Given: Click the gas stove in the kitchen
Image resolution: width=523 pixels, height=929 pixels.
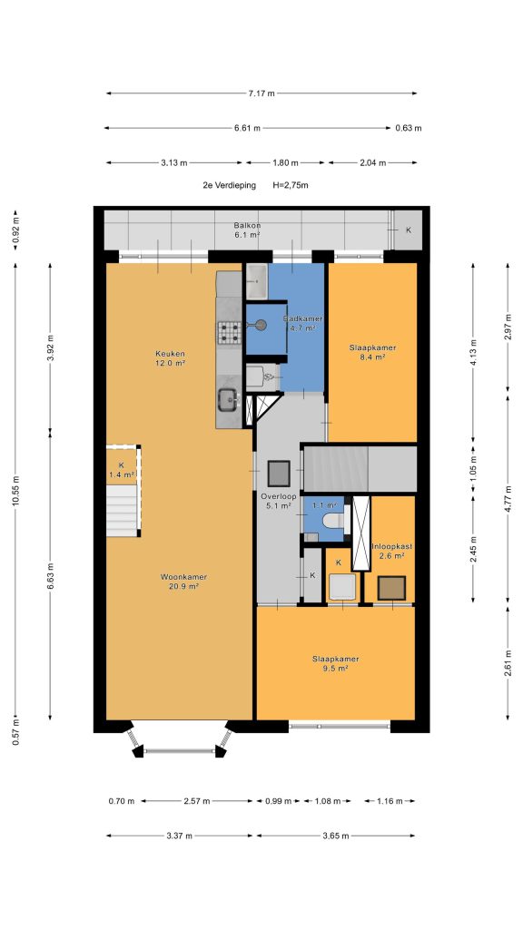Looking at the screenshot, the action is click(x=230, y=332).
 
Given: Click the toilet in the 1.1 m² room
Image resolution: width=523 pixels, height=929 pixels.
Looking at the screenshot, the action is click(x=333, y=521).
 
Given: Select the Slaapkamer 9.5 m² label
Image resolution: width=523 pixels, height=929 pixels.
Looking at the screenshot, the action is click(x=336, y=663).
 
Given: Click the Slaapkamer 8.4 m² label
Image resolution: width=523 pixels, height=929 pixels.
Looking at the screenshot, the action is click(x=372, y=352).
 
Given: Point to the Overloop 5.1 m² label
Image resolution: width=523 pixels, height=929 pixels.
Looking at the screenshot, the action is click(x=276, y=501).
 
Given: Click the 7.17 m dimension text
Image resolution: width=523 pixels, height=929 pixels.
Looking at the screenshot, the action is click(x=261, y=93).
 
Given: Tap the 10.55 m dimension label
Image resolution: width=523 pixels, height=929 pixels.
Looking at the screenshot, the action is click(x=15, y=491).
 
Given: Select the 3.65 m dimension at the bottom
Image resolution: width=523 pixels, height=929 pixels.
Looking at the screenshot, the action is click(x=336, y=836).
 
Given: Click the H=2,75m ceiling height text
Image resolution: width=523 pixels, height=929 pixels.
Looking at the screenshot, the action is click(x=291, y=185).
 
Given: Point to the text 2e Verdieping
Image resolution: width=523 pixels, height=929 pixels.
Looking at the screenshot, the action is click(x=230, y=185).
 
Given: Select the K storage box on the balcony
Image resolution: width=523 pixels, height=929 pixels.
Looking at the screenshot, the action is click(x=408, y=230).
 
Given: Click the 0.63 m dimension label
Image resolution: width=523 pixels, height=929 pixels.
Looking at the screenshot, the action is click(x=409, y=128).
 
